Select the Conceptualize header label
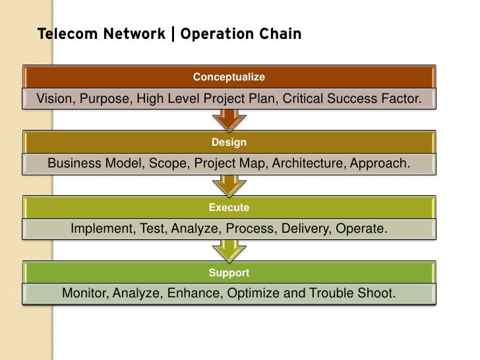click(x=229, y=77)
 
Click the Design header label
click(x=229, y=142)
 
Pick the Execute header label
click(x=229, y=208)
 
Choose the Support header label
click(x=229, y=272)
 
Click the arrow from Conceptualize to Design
click(x=229, y=120)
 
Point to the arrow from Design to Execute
click(x=229, y=185)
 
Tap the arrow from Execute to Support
click(x=229, y=251)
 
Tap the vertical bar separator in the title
click(x=173, y=34)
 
